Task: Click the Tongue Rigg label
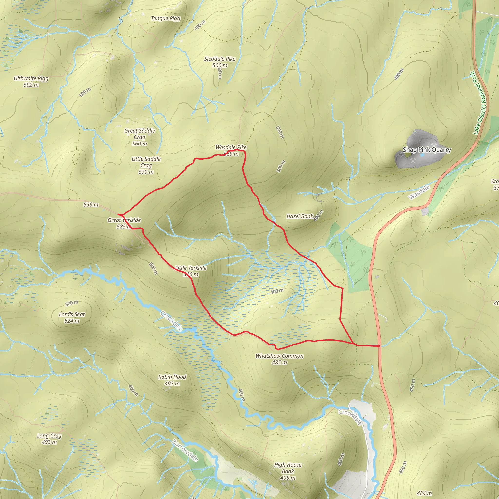pyautogui.click(x=165, y=18)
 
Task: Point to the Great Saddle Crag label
pyautogui.click(x=139, y=137)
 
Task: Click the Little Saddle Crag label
pyautogui.click(x=146, y=165)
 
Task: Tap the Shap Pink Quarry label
pyautogui.click(x=427, y=150)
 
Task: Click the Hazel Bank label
pyautogui.click(x=300, y=216)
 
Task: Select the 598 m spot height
pyautogui.click(x=91, y=205)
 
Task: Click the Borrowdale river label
pyautogui.click(x=185, y=451)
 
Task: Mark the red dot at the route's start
pyautogui.click(x=378, y=346)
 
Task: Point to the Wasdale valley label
pyautogui.click(x=419, y=192)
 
